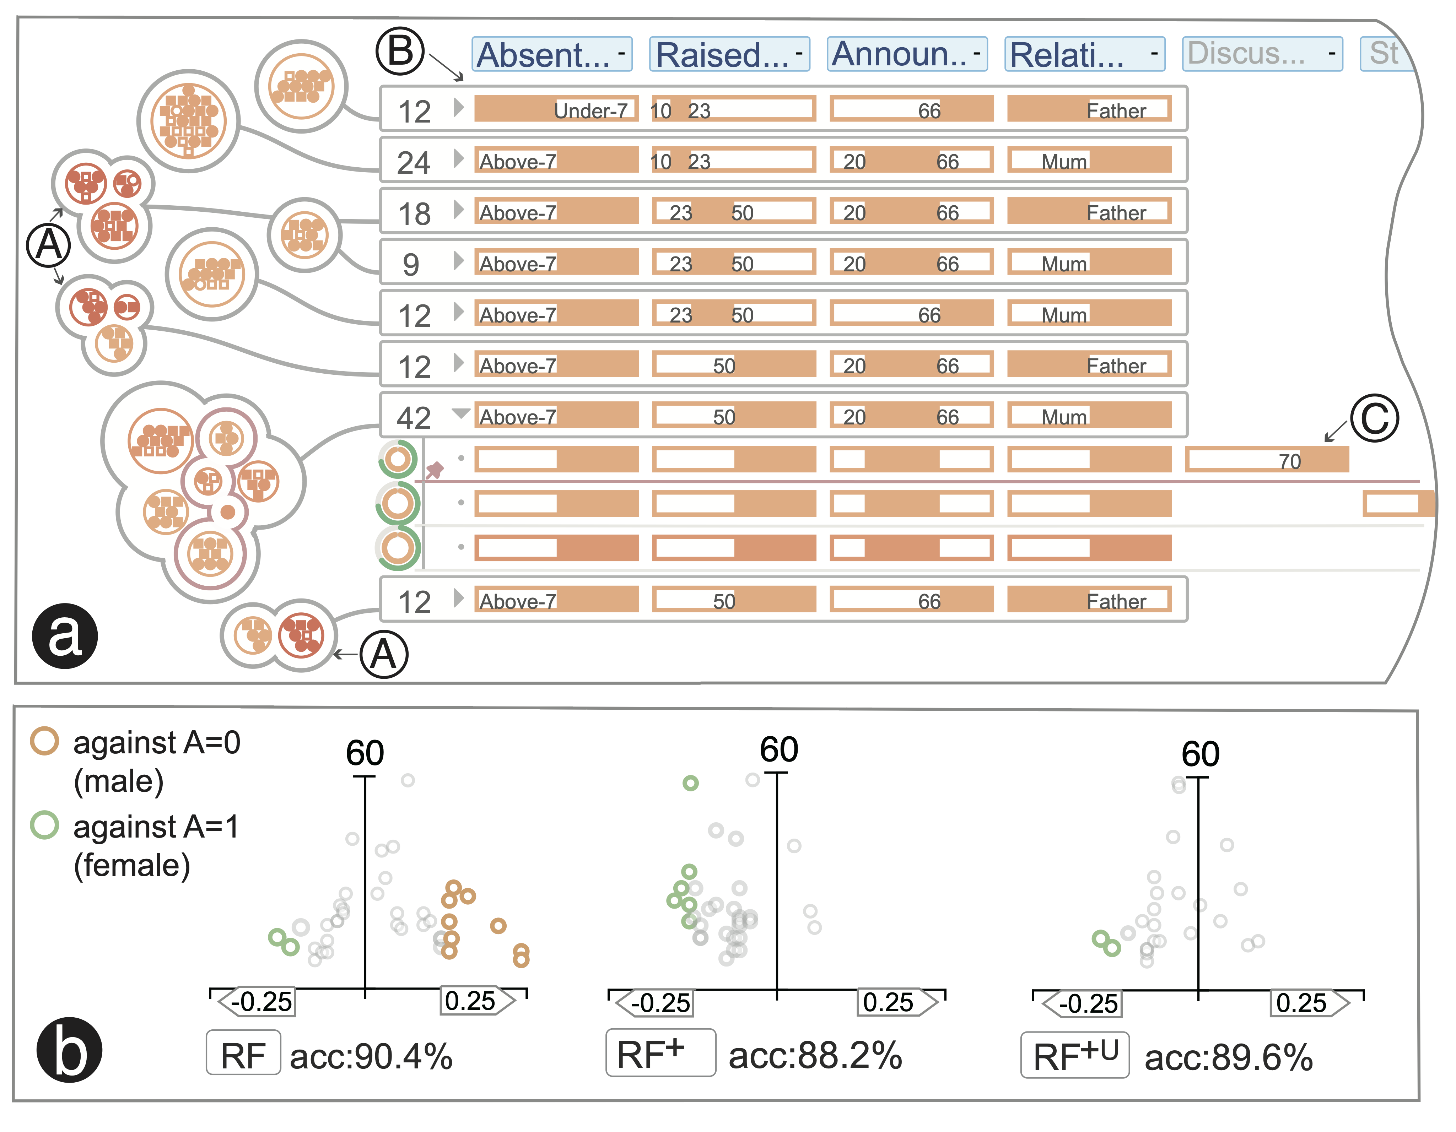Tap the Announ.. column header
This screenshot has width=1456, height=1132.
[x=907, y=54]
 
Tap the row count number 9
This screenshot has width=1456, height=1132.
[x=411, y=265]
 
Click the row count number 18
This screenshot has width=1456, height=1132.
[x=414, y=213]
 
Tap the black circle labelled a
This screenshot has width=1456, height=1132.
[x=65, y=635]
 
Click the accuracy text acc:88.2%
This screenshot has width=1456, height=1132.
[x=815, y=1055]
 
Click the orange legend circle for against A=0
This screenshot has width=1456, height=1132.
[x=45, y=741]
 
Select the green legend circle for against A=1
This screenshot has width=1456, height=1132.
[x=45, y=825]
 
